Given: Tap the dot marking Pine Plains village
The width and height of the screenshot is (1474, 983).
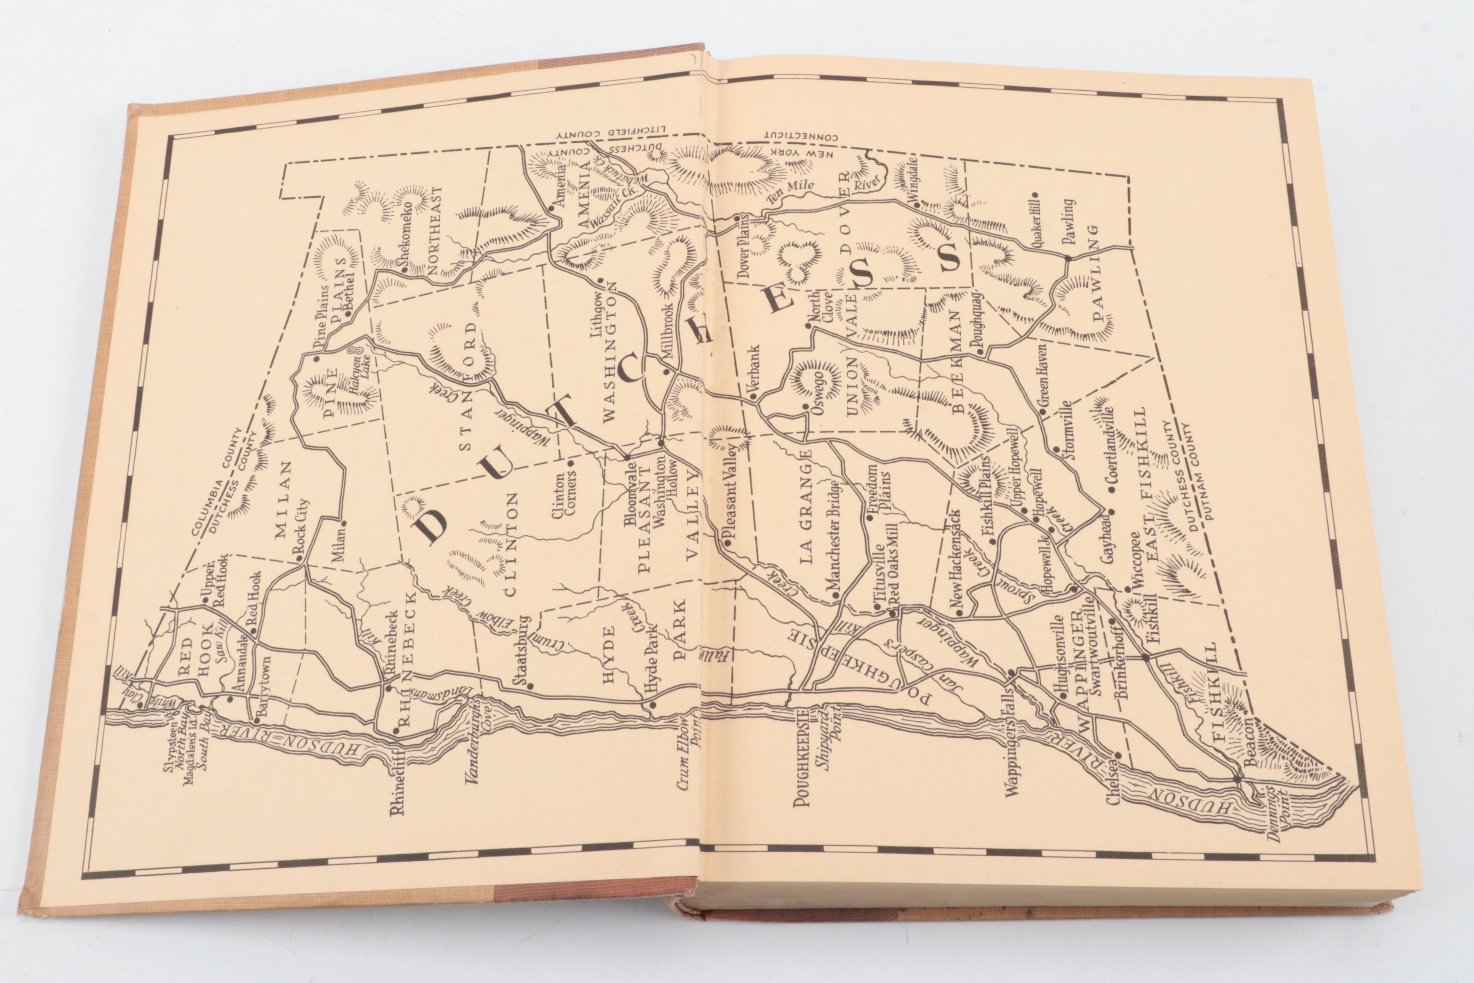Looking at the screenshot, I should tap(316, 359).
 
